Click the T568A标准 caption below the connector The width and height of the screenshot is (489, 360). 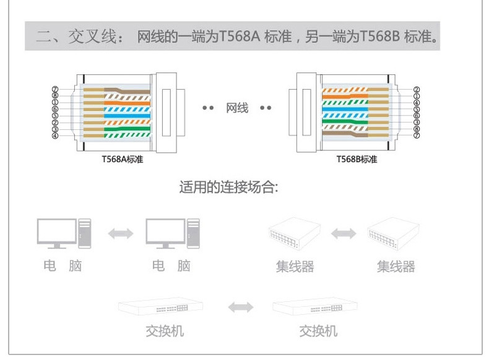[x=122, y=159]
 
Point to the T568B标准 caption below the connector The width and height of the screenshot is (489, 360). [x=357, y=159]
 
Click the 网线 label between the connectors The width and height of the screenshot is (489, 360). [x=237, y=109]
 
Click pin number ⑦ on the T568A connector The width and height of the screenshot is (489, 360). [x=55, y=89]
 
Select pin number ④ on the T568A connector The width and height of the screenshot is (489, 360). [x=55, y=135]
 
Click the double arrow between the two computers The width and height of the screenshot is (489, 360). [x=121, y=234]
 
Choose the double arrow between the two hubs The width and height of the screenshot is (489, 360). [x=344, y=234]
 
